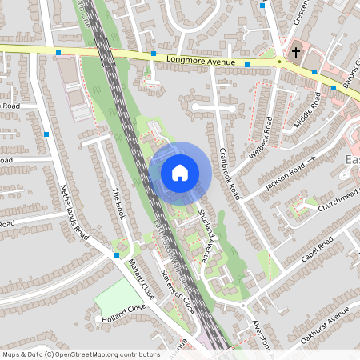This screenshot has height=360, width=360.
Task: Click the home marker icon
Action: (179, 172)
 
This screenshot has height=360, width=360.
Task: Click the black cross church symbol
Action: (296, 53)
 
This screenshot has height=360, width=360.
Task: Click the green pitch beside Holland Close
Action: (116, 296)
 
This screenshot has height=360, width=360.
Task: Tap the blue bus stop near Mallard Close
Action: (118, 254)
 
